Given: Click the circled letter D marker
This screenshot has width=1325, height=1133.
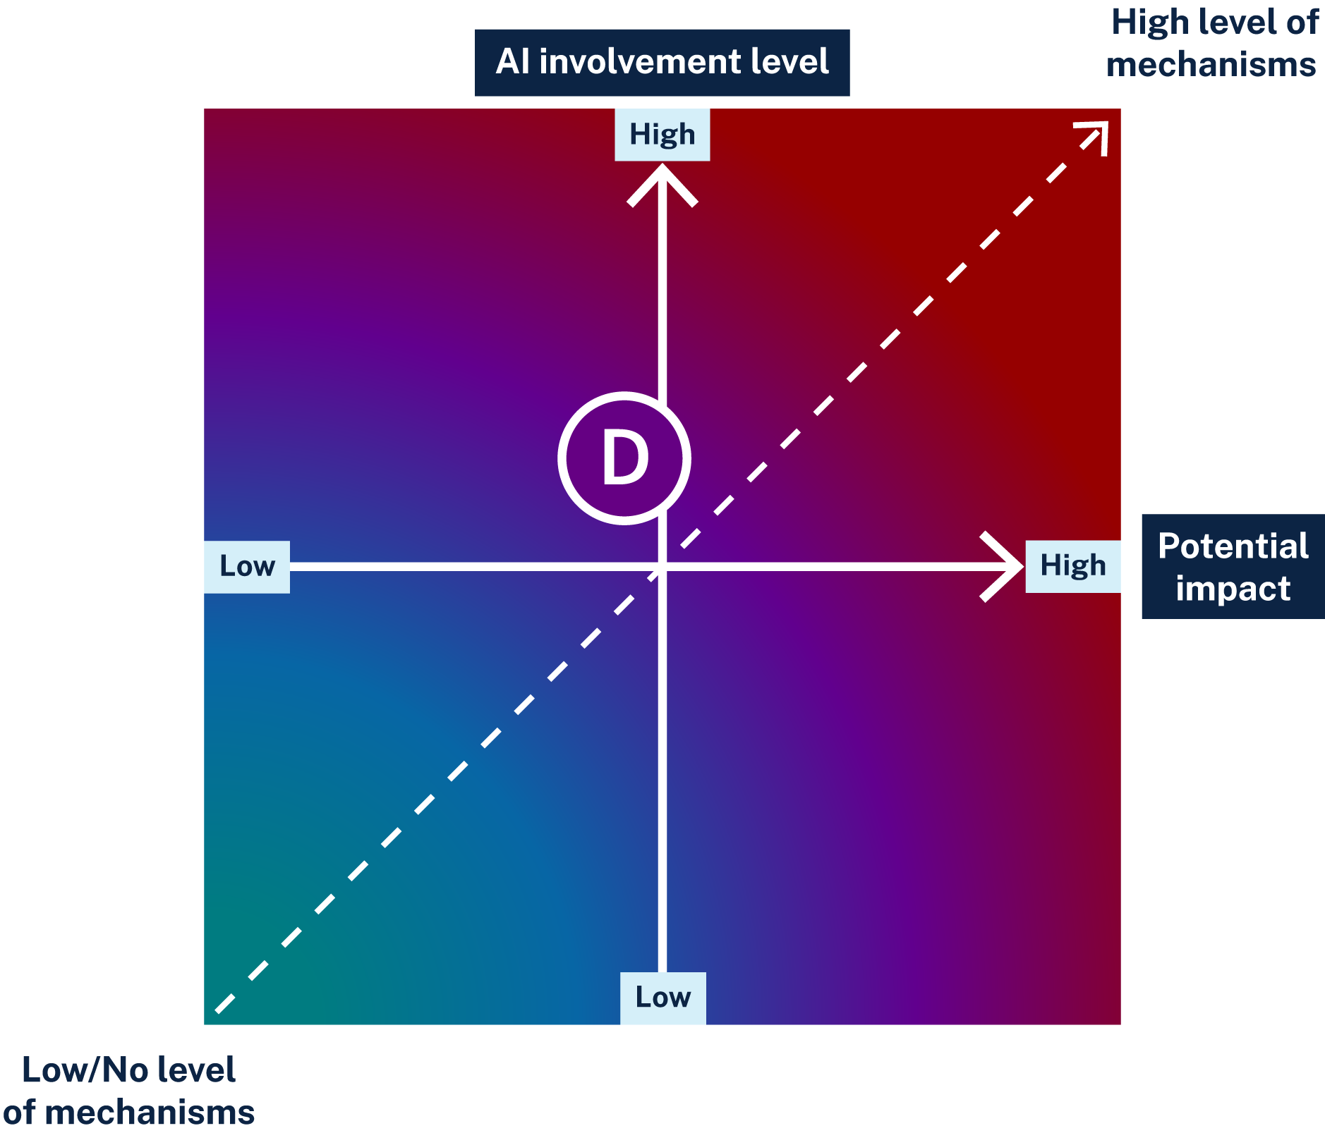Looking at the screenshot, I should click(x=624, y=458).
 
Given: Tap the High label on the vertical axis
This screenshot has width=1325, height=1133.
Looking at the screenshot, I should click(x=662, y=135).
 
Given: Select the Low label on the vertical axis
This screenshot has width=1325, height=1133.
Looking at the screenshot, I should click(x=662, y=997).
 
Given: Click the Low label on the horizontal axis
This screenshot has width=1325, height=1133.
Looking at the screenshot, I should click(x=247, y=566).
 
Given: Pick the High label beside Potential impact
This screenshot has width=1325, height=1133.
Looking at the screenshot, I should click(x=1072, y=566).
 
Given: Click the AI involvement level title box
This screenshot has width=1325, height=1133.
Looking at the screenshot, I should click(x=662, y=62).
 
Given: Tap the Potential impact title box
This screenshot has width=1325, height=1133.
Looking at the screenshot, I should click(x=1233, y=566).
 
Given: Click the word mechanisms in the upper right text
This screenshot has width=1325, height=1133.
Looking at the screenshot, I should click(x=1211, y=65).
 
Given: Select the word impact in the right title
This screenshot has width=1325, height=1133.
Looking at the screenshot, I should click(x=1233, y=589).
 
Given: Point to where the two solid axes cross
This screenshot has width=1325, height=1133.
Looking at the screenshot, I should click(x=662, y=566).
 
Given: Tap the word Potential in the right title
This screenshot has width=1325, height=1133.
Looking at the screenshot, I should click(x=1233, y=546).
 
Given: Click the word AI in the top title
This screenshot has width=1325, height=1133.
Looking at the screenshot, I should click(x=512, y=62).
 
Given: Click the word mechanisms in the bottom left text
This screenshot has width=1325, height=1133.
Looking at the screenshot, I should click(x=150, y=1113).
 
